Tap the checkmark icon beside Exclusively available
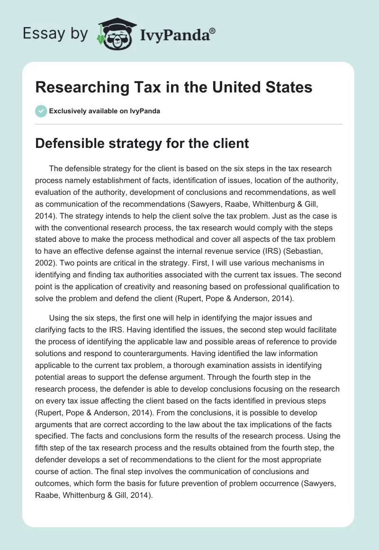coord(41,111)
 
